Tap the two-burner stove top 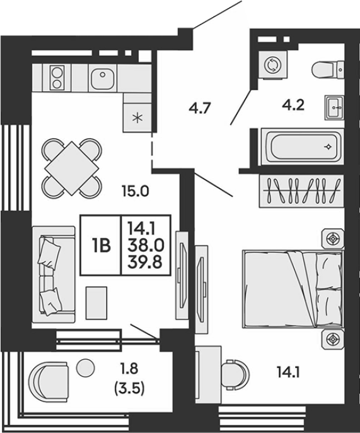(x=57, y=78)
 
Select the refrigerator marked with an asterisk (x=137, y=117)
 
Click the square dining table (x=72, y=168)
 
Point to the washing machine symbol (x=273, y=65)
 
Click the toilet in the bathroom (x=328, y=69)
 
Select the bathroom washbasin (x=334, y=108)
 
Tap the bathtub (x=303, y=146)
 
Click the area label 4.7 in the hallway (x=200, y=107)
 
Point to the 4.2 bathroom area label (x=293, y=105)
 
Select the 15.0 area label (x=136, y=191)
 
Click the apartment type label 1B (x=102, y=246)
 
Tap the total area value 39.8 (x=145, y=262)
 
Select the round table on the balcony (x=86, y=367)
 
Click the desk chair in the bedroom (x=235, y=374)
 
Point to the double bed (x=293, y=289)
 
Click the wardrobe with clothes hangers (x=301, y=191)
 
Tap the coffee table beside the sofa (x=96, y=303)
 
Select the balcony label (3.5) (x=129, y=389)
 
